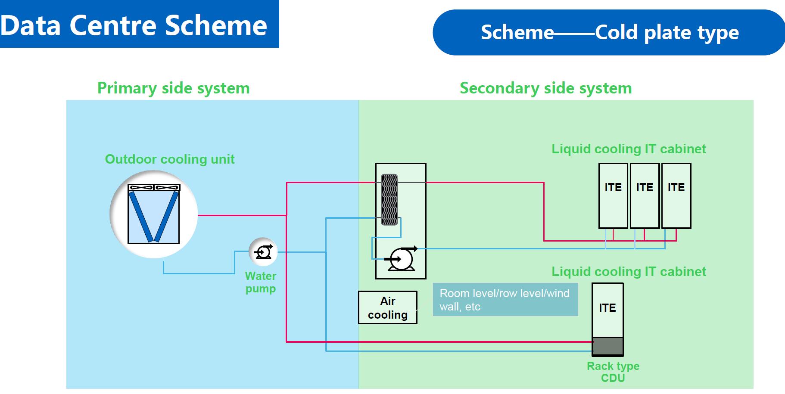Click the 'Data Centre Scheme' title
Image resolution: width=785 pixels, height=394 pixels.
click(x=134, y=25)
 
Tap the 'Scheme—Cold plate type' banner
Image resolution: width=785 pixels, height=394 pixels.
click(x=609, y=33)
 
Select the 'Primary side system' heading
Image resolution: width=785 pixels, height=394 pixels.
click(x=173, y=88)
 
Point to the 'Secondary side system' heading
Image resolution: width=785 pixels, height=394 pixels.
click(x=545, y=88)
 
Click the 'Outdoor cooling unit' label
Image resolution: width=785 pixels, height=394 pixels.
click(x=170, y=159)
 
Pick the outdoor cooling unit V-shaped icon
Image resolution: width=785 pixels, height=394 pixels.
click(x=154, y=214)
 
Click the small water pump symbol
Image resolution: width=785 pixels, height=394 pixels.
click(x=263, y=252)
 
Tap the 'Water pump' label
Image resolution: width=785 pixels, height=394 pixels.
click(x=261, y=282)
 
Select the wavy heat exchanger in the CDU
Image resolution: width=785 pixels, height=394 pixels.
click(x=389, y=199)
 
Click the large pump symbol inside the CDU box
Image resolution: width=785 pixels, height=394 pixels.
click(x=401, y=259)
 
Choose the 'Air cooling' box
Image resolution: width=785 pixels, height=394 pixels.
click(x=388, y=307)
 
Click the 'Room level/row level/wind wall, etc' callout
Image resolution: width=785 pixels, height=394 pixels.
click(x=505, y=300)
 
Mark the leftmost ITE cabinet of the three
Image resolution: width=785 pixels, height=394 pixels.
click(x=613, y=196)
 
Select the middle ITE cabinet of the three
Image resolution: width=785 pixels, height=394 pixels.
click(x=645, y=196)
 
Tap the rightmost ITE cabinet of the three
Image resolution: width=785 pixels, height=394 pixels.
click(x=676, y=196)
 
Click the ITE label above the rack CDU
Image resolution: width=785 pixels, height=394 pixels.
click(x=607, y=308)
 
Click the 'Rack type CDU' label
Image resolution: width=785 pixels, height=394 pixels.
click(x=613, y=372)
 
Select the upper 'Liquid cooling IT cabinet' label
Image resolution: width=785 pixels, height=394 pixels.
click(x=629, y=149)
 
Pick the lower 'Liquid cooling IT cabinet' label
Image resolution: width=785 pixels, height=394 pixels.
click(x=629, y=272)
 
